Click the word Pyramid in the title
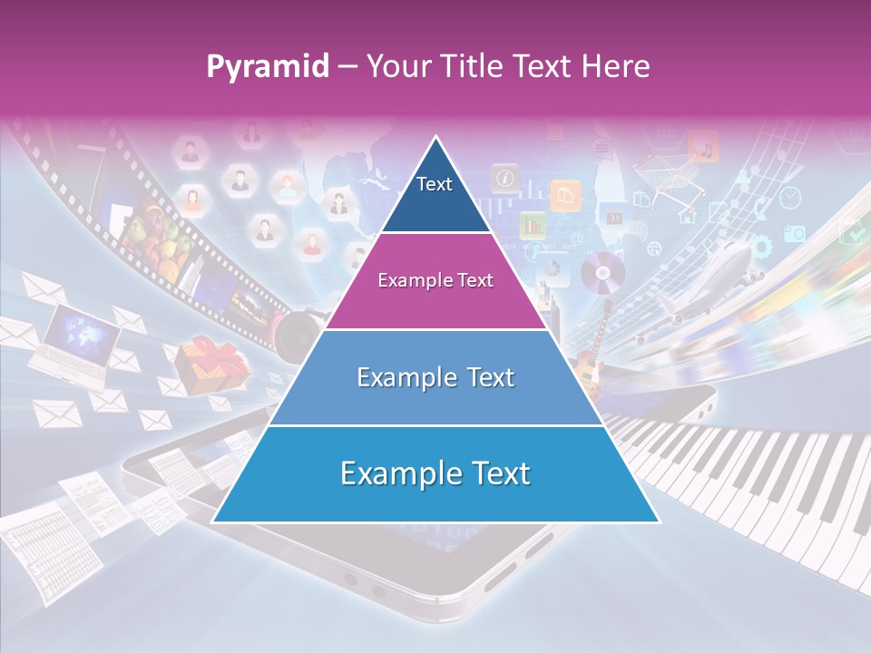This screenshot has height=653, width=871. click(x=268, y=67)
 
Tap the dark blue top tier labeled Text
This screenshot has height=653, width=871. click(x=435, y=190)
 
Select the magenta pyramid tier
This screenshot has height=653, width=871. click(x=435, y=281)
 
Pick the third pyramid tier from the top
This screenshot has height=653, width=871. click(x=435, y=377)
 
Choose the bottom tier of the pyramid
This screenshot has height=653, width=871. click(x=435, y=474)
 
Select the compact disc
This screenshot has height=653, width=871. click(x=603, y=271)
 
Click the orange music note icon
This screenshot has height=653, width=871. click(x=702, y=145)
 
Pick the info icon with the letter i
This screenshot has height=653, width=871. click(x=504, y=177)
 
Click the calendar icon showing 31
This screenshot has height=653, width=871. click(x=614, y=218)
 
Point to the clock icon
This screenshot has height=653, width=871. click(x=790, y=197)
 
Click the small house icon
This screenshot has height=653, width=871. click(x=687, y=216)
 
